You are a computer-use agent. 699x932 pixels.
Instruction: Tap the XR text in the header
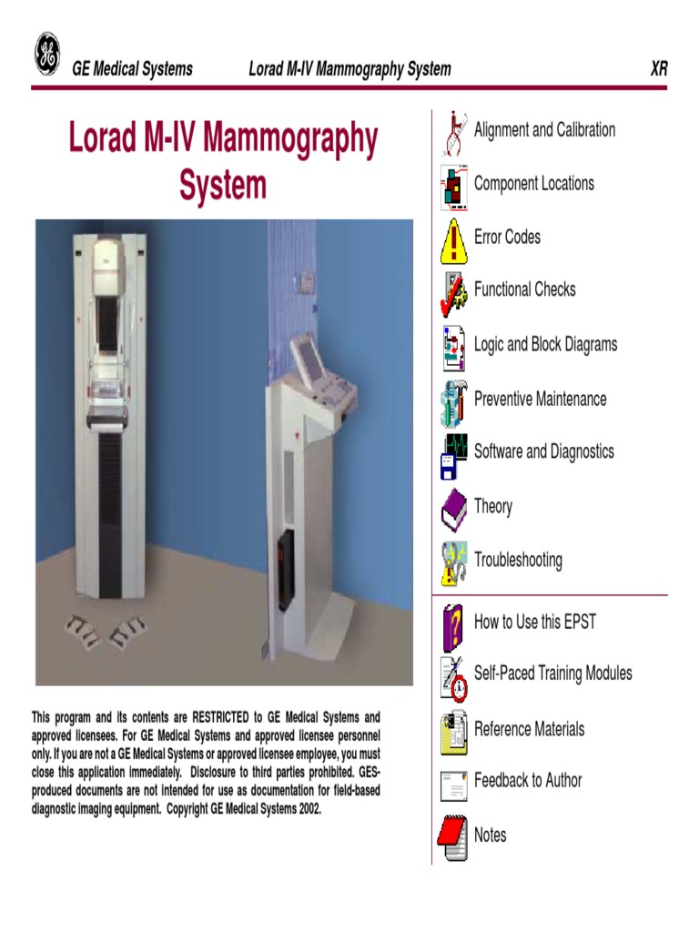coord(658,69)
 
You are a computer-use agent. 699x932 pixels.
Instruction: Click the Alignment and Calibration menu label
coord(544,130)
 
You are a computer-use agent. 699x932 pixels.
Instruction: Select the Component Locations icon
coord(453,186)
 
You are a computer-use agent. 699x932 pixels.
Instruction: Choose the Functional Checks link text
coord(524,289)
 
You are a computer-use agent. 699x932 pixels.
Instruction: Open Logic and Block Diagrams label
coord(545,345)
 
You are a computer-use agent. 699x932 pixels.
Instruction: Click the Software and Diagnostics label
coord(543,451)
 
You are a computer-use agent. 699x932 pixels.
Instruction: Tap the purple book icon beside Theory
coord(453,508)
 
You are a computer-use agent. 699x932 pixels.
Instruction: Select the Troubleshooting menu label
coord(518,561)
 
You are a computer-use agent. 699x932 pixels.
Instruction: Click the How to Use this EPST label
coord(535,623)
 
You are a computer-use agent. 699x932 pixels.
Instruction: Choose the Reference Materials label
coord(529,729)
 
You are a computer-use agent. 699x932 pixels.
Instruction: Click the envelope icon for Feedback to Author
coord(453,785)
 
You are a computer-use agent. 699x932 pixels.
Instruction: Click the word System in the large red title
coord(223,186)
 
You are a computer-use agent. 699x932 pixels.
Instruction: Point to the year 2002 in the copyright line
coord(307,809)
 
